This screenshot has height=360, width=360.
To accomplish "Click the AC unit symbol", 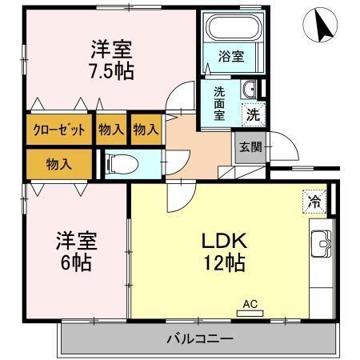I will point(250,306).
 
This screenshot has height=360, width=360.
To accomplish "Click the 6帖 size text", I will point(75,262).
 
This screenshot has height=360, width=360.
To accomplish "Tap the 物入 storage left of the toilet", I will point(59,164).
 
